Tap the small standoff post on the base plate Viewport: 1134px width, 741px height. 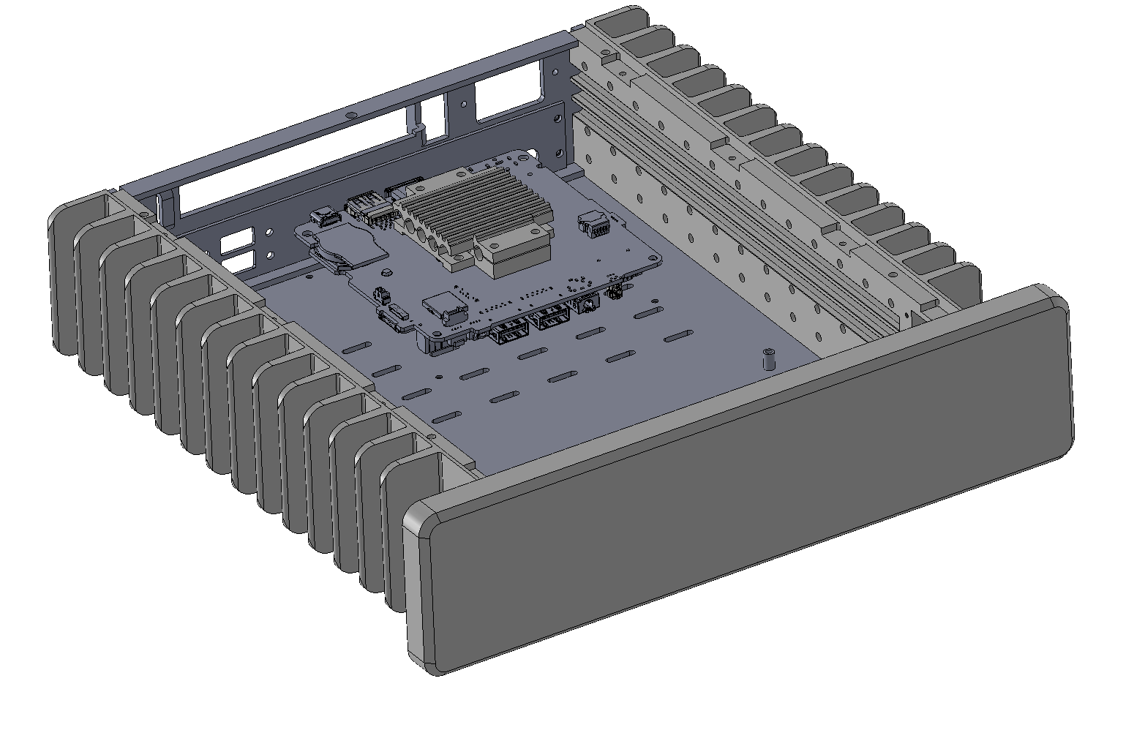(769, 360)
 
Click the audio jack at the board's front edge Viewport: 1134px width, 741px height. (585, 306)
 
